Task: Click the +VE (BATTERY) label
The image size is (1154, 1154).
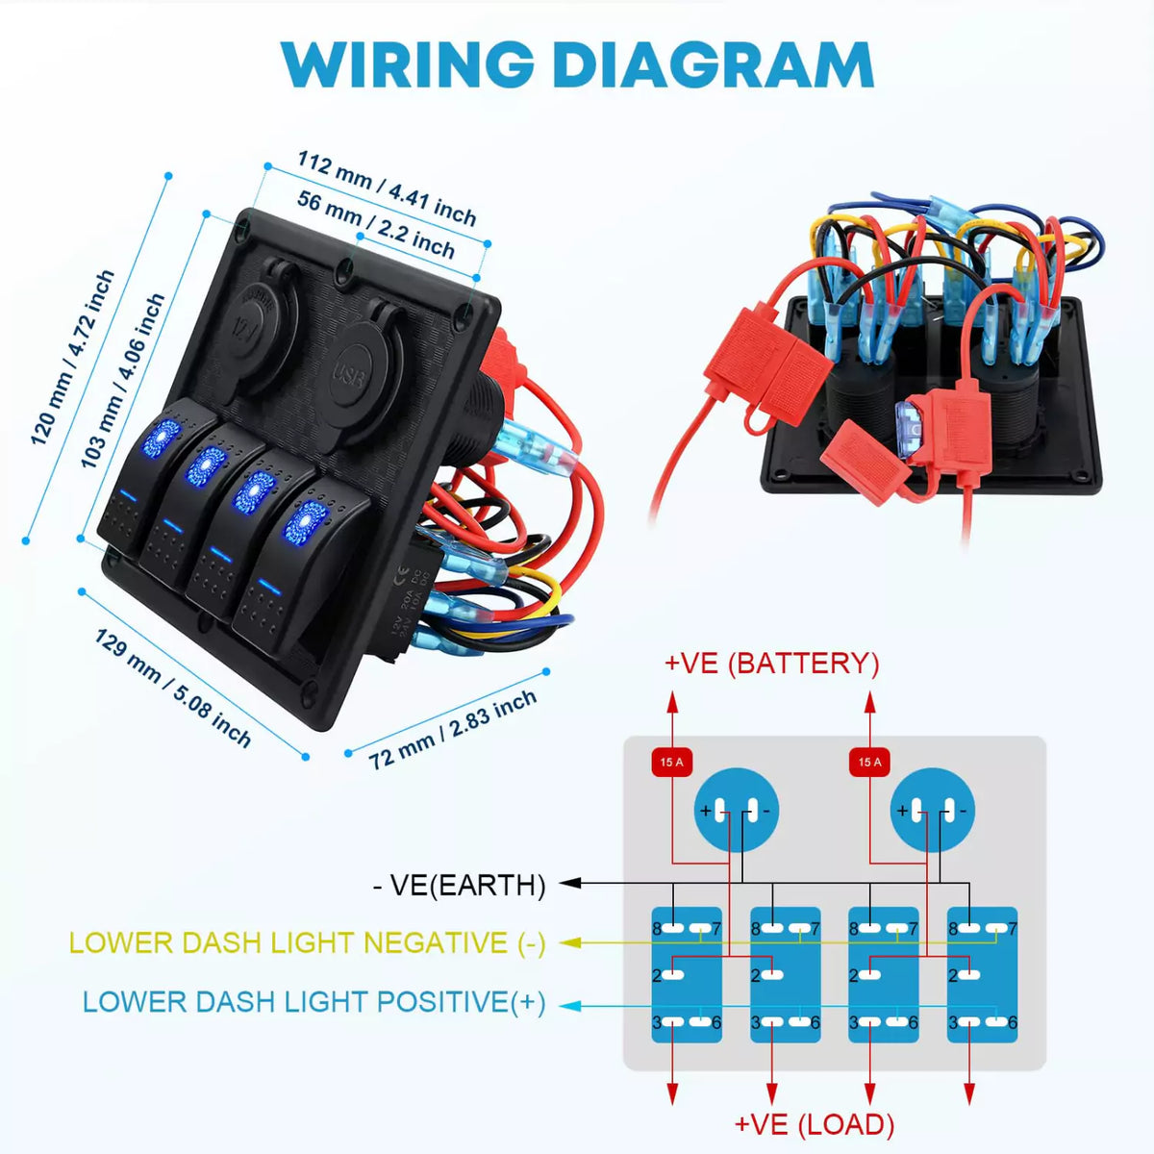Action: [771, 663]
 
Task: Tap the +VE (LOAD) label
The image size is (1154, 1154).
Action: [814, 1124]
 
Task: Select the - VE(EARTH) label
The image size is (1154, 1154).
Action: [459, 885]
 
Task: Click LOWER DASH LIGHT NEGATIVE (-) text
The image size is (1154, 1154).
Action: [307, 942]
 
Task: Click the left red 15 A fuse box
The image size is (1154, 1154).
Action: [671, 762]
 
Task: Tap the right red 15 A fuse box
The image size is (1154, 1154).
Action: [869, 762]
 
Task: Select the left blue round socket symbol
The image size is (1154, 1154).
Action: [736, 810]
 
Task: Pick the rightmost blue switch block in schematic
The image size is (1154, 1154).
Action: [982, 974]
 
